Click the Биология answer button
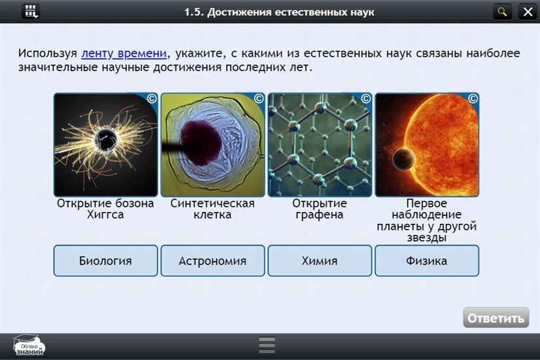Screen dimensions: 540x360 pos(105,261)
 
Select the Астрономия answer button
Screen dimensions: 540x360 pos(213,261)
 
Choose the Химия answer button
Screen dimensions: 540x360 pos(319,261)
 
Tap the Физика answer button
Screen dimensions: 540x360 pos(427,261)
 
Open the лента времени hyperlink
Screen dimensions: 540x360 pos(124,54)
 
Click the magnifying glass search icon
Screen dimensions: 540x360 pos(502,12)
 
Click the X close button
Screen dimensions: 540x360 pos(528,12)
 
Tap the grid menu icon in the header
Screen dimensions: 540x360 pos(31,12)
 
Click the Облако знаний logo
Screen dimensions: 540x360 pos(29,346)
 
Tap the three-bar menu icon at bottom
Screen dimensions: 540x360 pos(267,345)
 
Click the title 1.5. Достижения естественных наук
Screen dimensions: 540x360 pos(279,12)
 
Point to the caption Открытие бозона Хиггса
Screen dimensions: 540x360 pos(105,209)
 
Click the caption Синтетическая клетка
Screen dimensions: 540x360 pos(213,209)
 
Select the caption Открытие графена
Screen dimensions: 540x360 pos(319,209)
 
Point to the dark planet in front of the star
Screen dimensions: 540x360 pos(404,159)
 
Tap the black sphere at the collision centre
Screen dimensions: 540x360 pos(106,140)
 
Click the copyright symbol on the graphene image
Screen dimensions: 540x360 pos(366,99)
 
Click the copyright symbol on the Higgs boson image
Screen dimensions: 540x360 pos(152,99)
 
